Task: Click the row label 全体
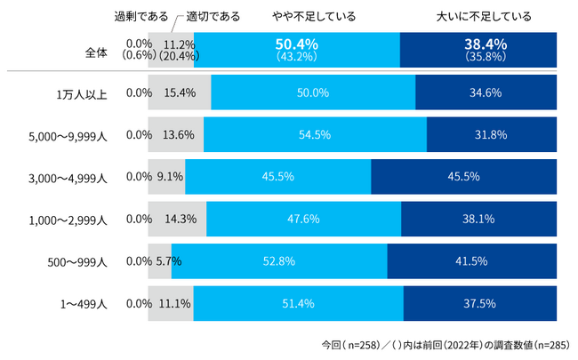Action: click(x=95, y=52)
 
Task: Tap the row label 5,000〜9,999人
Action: click(x=67, y=135)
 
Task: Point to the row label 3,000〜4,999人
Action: click(x=67, y=177)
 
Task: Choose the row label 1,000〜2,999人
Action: click(x=67, y=219)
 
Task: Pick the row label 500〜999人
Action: click(x=77, y=261)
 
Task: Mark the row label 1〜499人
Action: click(x=83, y=303)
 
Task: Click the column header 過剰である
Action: click(x=141, y=16)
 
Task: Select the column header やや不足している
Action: click(x=314, y=16)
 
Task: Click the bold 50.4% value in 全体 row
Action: click(x=296, y=44)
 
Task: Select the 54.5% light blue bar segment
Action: click(x=316, y=135)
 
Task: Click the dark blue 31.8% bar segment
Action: click(x=492, y=135)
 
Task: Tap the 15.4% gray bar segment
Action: click(x=181, y=92)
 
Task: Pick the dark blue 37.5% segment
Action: click(x=480, y=303)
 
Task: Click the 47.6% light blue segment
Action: click(x=303, y=219)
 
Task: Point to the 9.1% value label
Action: click(x=169, y=177)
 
